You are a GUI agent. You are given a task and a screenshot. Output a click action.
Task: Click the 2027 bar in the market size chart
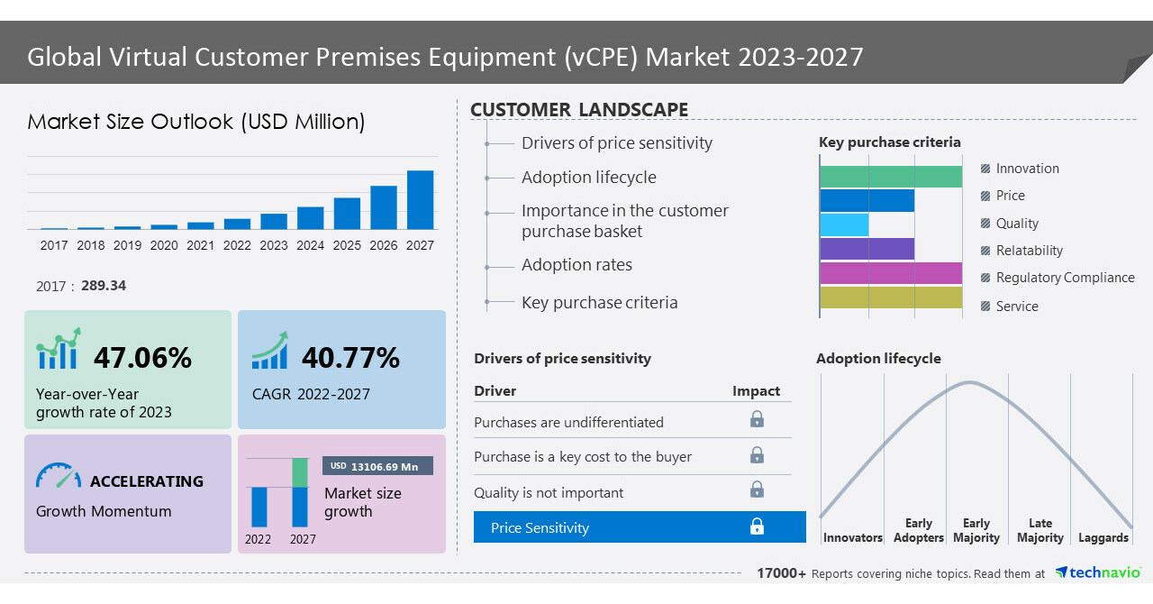420,199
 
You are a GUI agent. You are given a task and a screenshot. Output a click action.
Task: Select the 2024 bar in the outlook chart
310,218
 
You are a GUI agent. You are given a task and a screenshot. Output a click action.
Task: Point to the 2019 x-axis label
127,245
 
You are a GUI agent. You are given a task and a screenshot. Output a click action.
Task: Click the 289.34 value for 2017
103,286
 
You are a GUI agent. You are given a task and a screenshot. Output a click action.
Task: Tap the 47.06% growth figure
142,358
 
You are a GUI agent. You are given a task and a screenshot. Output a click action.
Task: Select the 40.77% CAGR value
350,358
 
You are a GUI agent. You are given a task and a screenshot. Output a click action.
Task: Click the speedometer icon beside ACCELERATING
59,477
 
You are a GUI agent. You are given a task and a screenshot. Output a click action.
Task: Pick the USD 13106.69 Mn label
377,466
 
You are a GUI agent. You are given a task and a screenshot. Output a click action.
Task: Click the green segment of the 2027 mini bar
300,472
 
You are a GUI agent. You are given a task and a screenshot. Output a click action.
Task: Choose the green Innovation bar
890,177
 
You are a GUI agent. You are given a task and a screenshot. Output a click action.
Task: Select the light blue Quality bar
844,224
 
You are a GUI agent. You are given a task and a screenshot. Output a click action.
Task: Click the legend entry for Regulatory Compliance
1064,278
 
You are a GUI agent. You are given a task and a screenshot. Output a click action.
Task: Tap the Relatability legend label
1029,251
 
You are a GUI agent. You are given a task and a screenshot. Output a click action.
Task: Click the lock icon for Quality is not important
757,490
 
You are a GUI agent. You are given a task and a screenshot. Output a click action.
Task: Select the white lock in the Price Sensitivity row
757,526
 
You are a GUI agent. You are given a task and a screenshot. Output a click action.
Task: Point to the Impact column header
756,391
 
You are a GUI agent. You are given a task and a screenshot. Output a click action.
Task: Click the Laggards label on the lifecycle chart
1103,538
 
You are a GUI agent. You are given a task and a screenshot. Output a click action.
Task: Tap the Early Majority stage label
976,531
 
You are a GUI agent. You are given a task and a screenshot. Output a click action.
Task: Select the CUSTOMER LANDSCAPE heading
579,110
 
